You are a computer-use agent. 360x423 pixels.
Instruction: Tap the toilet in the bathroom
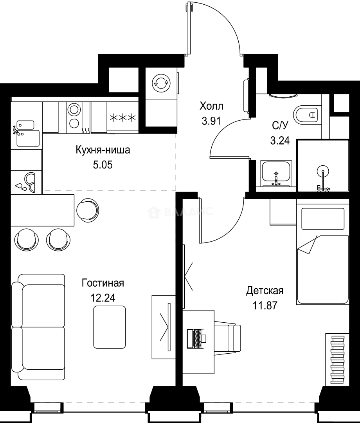click(307, 115)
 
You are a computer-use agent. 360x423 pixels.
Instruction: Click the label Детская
click(265, 291)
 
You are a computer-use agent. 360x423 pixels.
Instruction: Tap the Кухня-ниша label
click(103, 150)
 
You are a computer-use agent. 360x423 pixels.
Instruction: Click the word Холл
click(211, 106)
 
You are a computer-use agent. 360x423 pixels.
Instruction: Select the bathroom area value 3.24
click(280, 140)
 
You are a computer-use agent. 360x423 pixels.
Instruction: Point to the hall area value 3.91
click(211, 121)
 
